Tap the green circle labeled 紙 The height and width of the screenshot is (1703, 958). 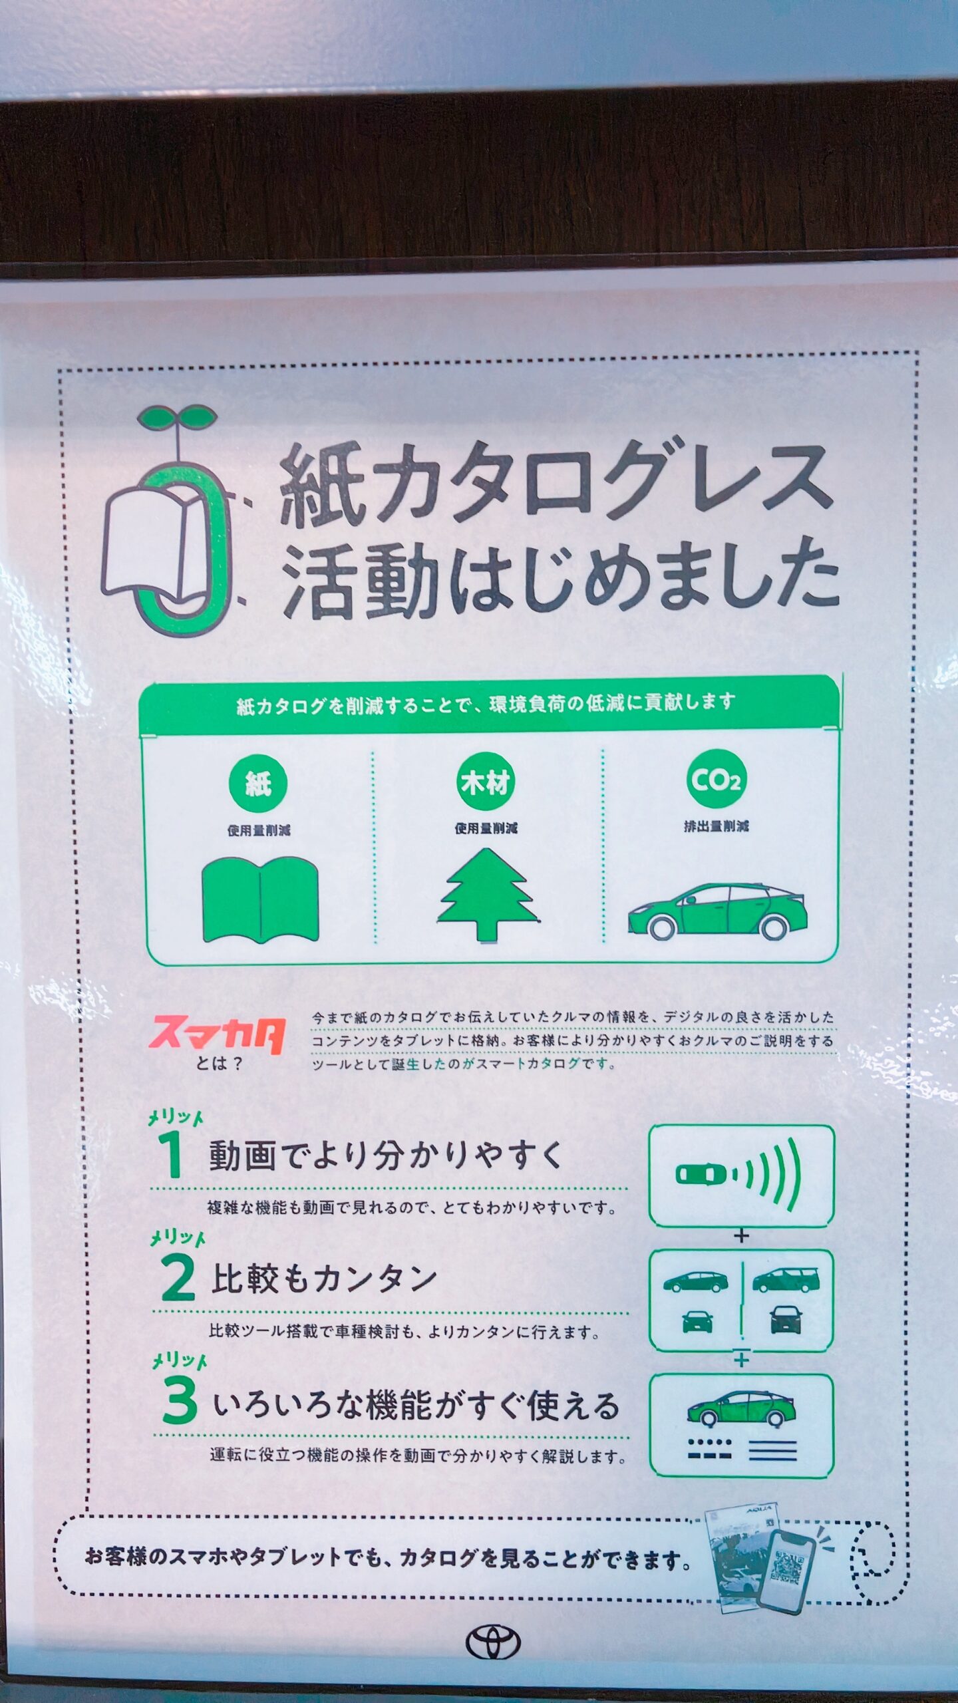click(259, 784)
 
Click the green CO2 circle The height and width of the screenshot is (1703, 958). click(717, 779)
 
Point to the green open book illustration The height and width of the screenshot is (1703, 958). click(260, 899)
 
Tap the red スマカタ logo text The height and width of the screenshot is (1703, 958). click(218, 1035)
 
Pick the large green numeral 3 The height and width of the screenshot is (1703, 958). click(180, 1400)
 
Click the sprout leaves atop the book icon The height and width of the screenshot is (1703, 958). click(178, 418)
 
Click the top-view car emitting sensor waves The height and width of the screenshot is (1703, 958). click(701, 1174)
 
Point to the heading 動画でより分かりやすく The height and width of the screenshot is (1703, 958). click(386, 1156)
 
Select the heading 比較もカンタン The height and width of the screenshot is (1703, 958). click(323, 1279)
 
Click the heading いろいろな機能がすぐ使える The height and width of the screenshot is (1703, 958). click(416, 1403)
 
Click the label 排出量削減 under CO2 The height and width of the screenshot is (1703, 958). click(717, 826)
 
